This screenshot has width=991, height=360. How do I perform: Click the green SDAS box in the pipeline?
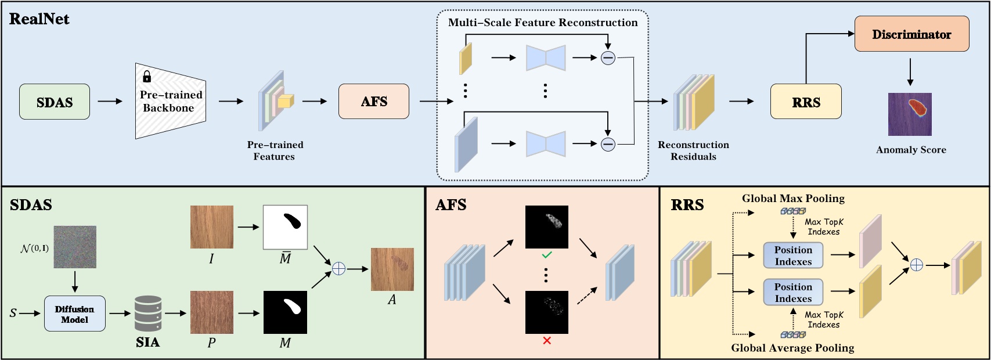(x=55, y=102)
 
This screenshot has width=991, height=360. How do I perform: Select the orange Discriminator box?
(x=911, y=34)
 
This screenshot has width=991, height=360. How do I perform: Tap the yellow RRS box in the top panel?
(x=806, y=102)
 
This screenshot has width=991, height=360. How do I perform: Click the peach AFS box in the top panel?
(x=373, y=102)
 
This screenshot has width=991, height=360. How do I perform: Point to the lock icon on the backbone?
(x=147, y=76)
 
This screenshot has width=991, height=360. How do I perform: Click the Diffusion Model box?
(x=75, y=314)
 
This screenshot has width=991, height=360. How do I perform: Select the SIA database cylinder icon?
(x=147, y=314)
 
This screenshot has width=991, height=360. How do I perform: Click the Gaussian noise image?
(x=75, y=247)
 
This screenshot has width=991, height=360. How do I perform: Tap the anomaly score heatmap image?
(x=910, y=114)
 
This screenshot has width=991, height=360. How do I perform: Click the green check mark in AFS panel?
(x=546, y=254)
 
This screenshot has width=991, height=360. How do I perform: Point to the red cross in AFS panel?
(x=546, y=341)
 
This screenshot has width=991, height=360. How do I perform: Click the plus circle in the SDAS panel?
(x=338, y=269)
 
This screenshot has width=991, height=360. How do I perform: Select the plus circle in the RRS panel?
(x=916, y=265)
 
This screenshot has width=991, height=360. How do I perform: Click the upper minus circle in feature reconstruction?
(x=608, y=57)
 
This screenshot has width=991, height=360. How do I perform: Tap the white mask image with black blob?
(x=285, y=227)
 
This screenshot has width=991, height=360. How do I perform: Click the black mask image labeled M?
(x=285, y=312)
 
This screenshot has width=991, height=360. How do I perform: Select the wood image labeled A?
(x=392, y=269)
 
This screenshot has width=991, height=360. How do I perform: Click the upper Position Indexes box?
(x=793, y=255)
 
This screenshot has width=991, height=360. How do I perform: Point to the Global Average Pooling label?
(x=792, y=348)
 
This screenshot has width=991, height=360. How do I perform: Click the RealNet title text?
(x=39, y=19)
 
